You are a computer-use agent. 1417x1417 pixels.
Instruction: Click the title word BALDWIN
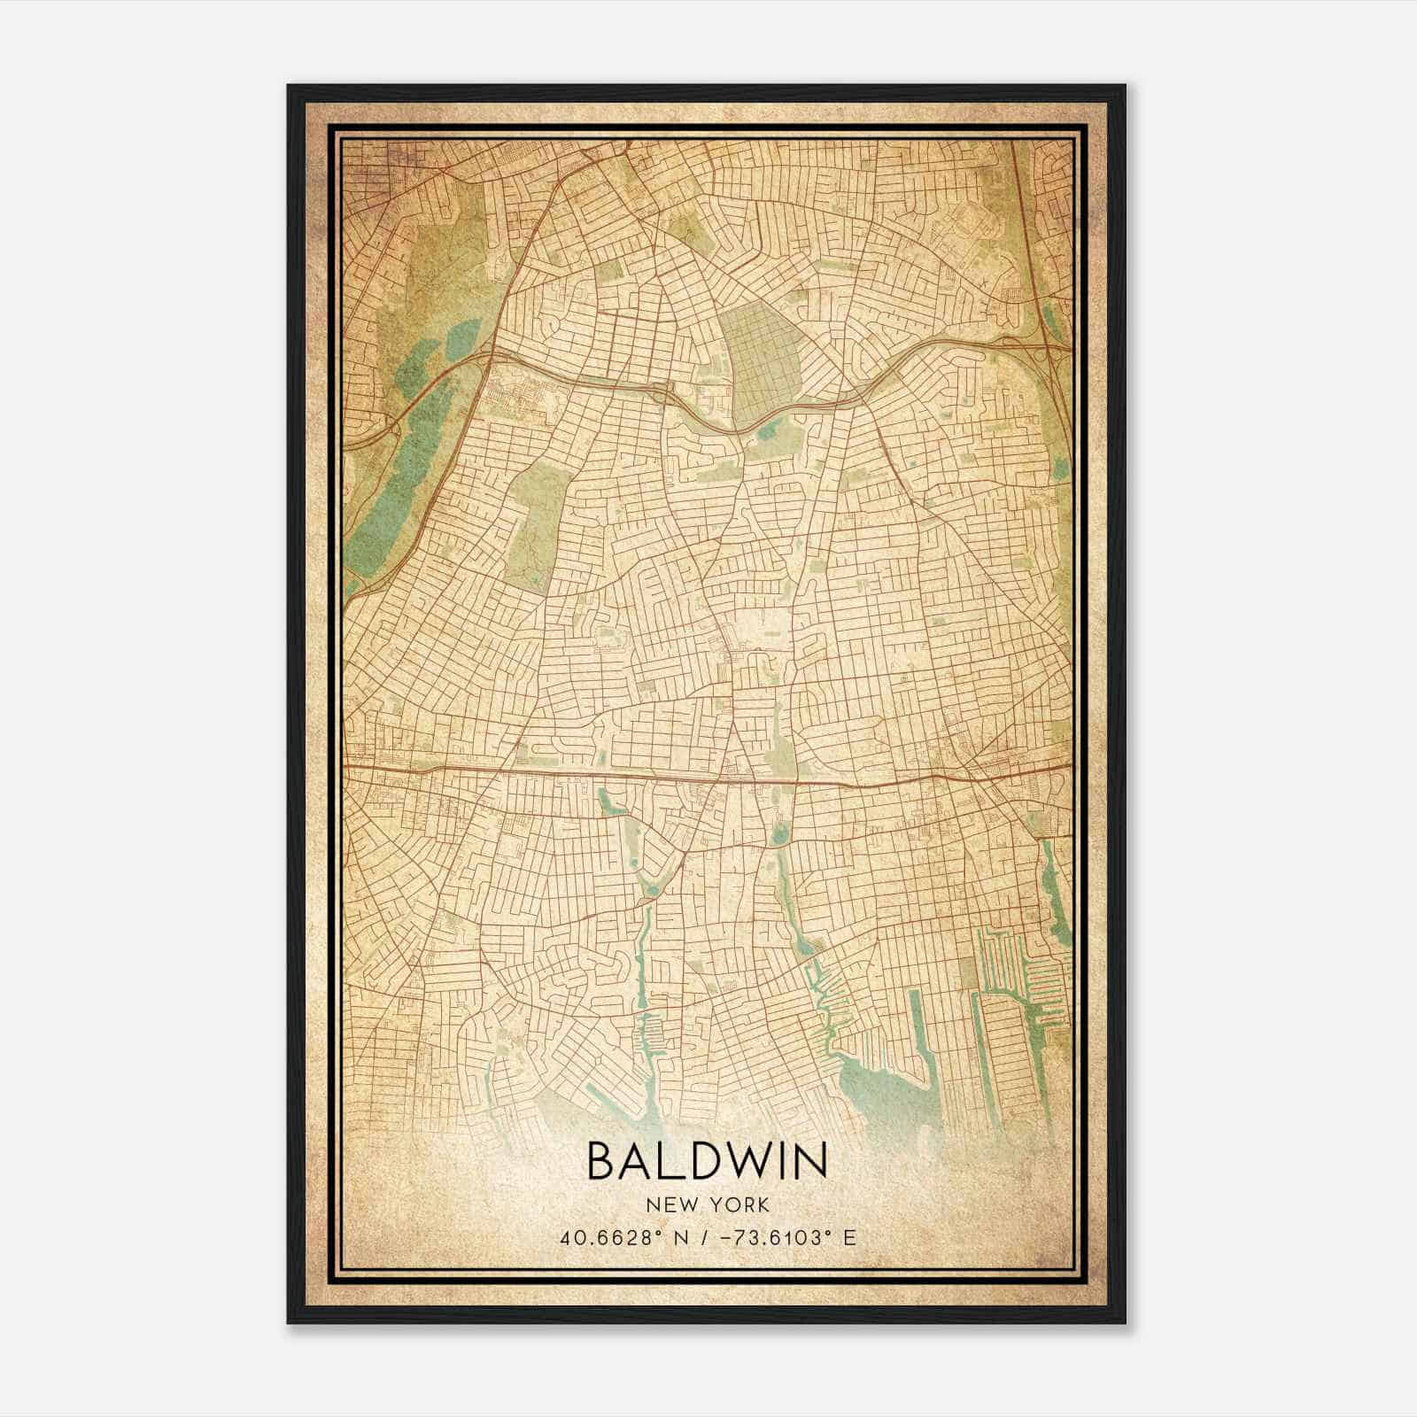[x=708, y=1162]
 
